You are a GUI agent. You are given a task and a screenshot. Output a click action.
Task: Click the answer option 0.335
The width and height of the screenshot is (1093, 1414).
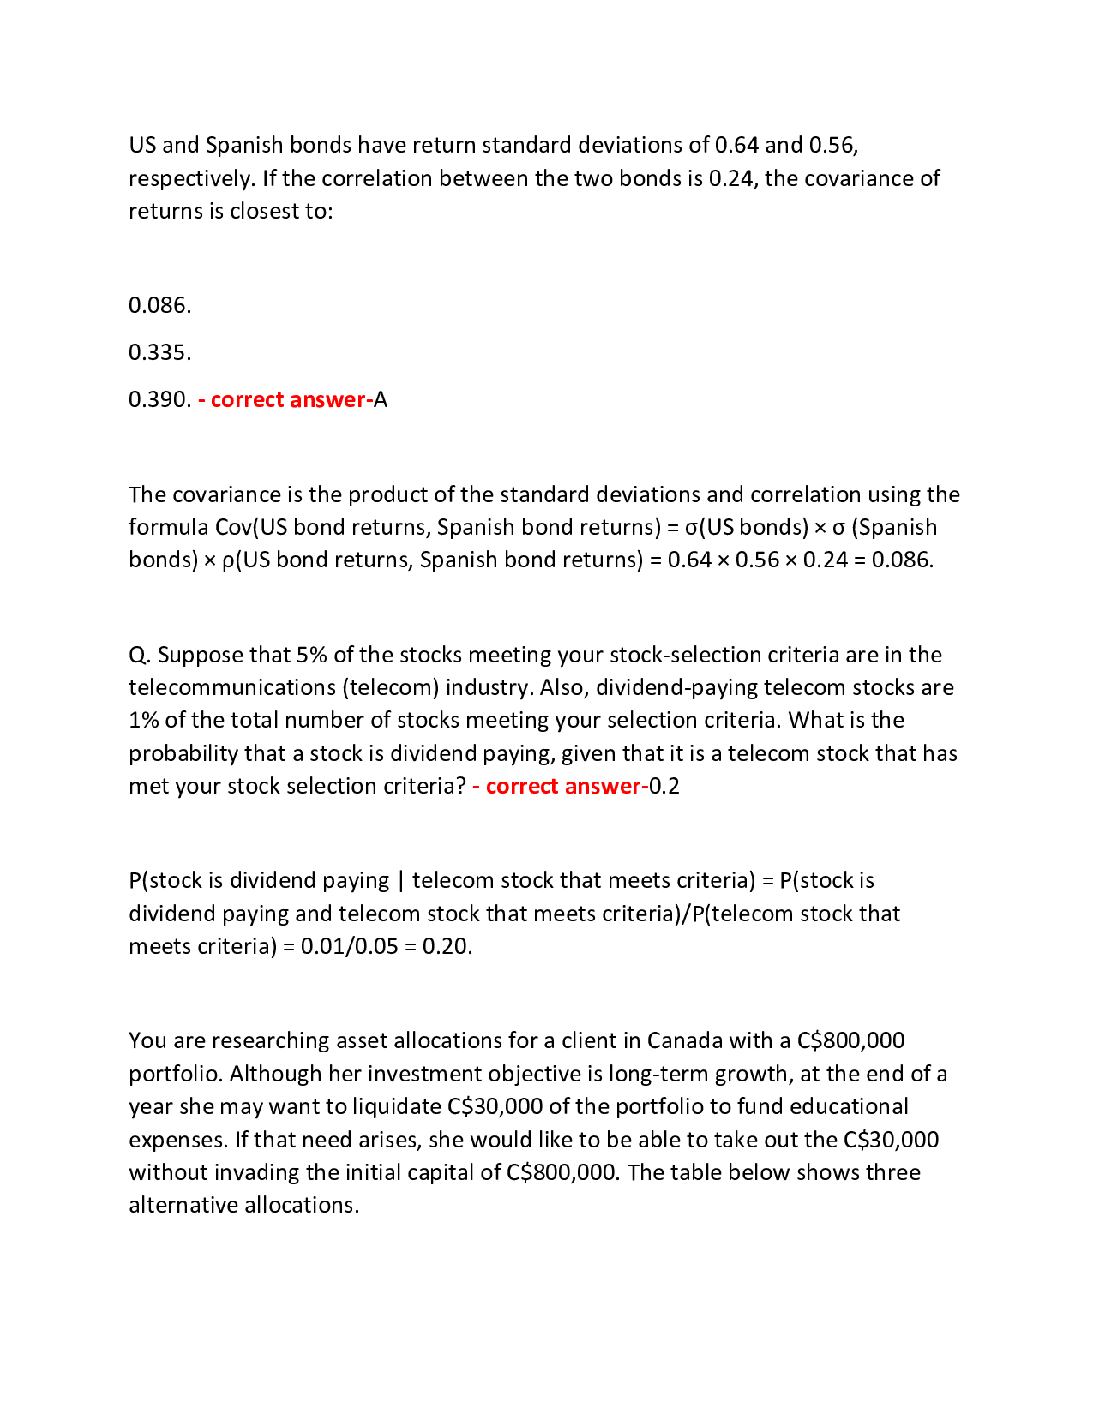click(x=159, y=352)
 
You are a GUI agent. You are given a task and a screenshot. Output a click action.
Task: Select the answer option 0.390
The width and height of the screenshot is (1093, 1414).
click(x=159, y=399)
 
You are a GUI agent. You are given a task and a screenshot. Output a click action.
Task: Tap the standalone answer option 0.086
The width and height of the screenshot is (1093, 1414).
click(x=159, y=305)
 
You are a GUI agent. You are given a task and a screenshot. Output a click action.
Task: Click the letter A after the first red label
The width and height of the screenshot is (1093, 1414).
click(x=381, y=399)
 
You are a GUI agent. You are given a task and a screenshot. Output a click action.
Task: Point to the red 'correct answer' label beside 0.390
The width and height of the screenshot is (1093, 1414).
click(x=285, y=399)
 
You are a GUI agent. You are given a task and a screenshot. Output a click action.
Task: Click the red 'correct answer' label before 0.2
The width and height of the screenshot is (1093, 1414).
click(x=560, y=786)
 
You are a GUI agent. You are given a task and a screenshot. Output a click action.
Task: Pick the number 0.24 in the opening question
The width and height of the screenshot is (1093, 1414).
click(x=730, y=178)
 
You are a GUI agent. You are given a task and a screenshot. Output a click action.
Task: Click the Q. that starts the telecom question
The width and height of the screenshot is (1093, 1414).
click(x=140, y=655)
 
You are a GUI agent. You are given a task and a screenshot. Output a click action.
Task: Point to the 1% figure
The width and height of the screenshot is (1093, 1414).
click(x=143, y=720)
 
